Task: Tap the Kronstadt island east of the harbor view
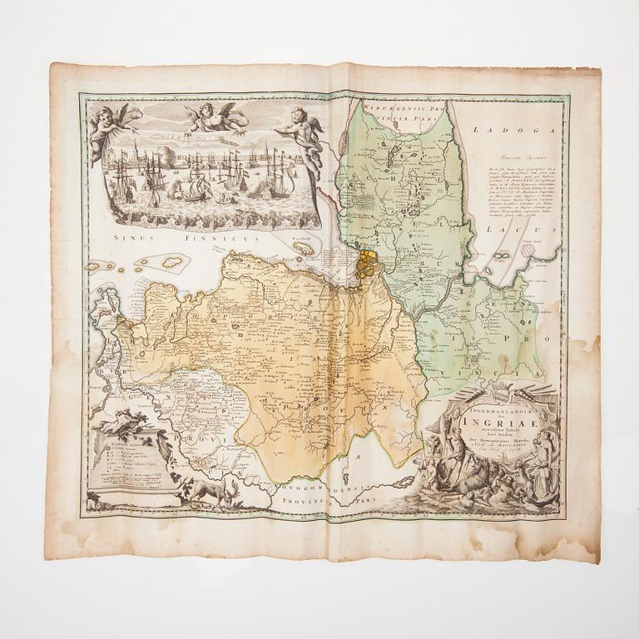[305, 247]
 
